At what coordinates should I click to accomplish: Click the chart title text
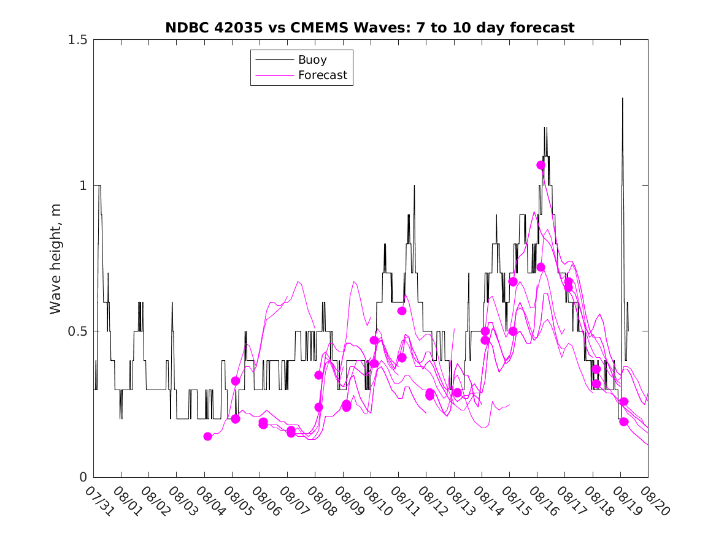point(370,28)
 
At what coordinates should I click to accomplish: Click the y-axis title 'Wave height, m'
point(56,258)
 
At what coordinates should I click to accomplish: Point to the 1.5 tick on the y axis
point(78,40)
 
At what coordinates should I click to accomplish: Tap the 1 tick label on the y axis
point(84,186)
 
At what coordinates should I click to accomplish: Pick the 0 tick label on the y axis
point(84,477)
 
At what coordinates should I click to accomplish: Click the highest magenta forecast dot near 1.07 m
point(541,165)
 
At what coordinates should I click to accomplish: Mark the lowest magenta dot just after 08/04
point(207,436)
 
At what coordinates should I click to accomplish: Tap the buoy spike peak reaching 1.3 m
point(622,98)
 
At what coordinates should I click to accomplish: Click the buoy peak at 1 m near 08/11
point(414,185)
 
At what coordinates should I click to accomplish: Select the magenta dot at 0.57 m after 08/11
point(402,311)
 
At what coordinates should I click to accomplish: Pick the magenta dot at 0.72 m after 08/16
point(541,267)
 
